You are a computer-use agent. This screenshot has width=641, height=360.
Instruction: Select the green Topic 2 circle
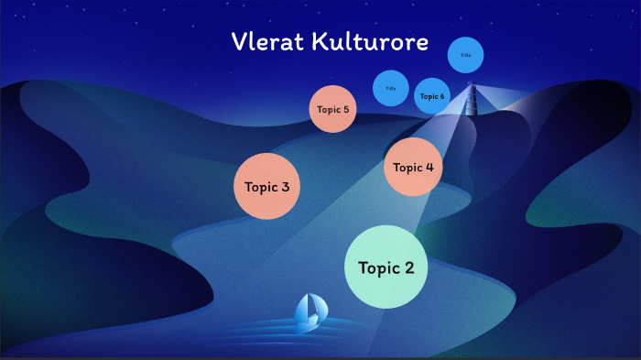tap(386, 267)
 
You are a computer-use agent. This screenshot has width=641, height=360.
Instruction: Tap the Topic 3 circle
tap(266, 186)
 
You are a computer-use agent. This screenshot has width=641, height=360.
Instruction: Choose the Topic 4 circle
tap(413, 167)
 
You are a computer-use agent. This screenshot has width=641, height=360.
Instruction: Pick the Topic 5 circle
tap(332, 109)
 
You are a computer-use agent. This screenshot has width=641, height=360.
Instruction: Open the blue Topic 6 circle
tap(431, 96)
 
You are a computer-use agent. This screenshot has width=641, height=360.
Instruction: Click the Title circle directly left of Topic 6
tap(390, 88)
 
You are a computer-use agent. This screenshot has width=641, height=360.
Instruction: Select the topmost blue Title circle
tap(465, 55)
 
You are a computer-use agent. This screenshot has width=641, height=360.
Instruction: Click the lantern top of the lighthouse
tap(473, 88)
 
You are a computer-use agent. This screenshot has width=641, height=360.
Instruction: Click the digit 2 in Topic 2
tap(408, 268)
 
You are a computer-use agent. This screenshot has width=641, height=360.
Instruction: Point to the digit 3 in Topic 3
tap(285, 187)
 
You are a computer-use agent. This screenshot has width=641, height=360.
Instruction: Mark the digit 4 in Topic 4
tap(429, 168)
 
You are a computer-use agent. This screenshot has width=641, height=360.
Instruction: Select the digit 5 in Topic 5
tap(345, 110)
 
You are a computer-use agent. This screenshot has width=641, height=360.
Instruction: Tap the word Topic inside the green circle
tap(378, 268)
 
